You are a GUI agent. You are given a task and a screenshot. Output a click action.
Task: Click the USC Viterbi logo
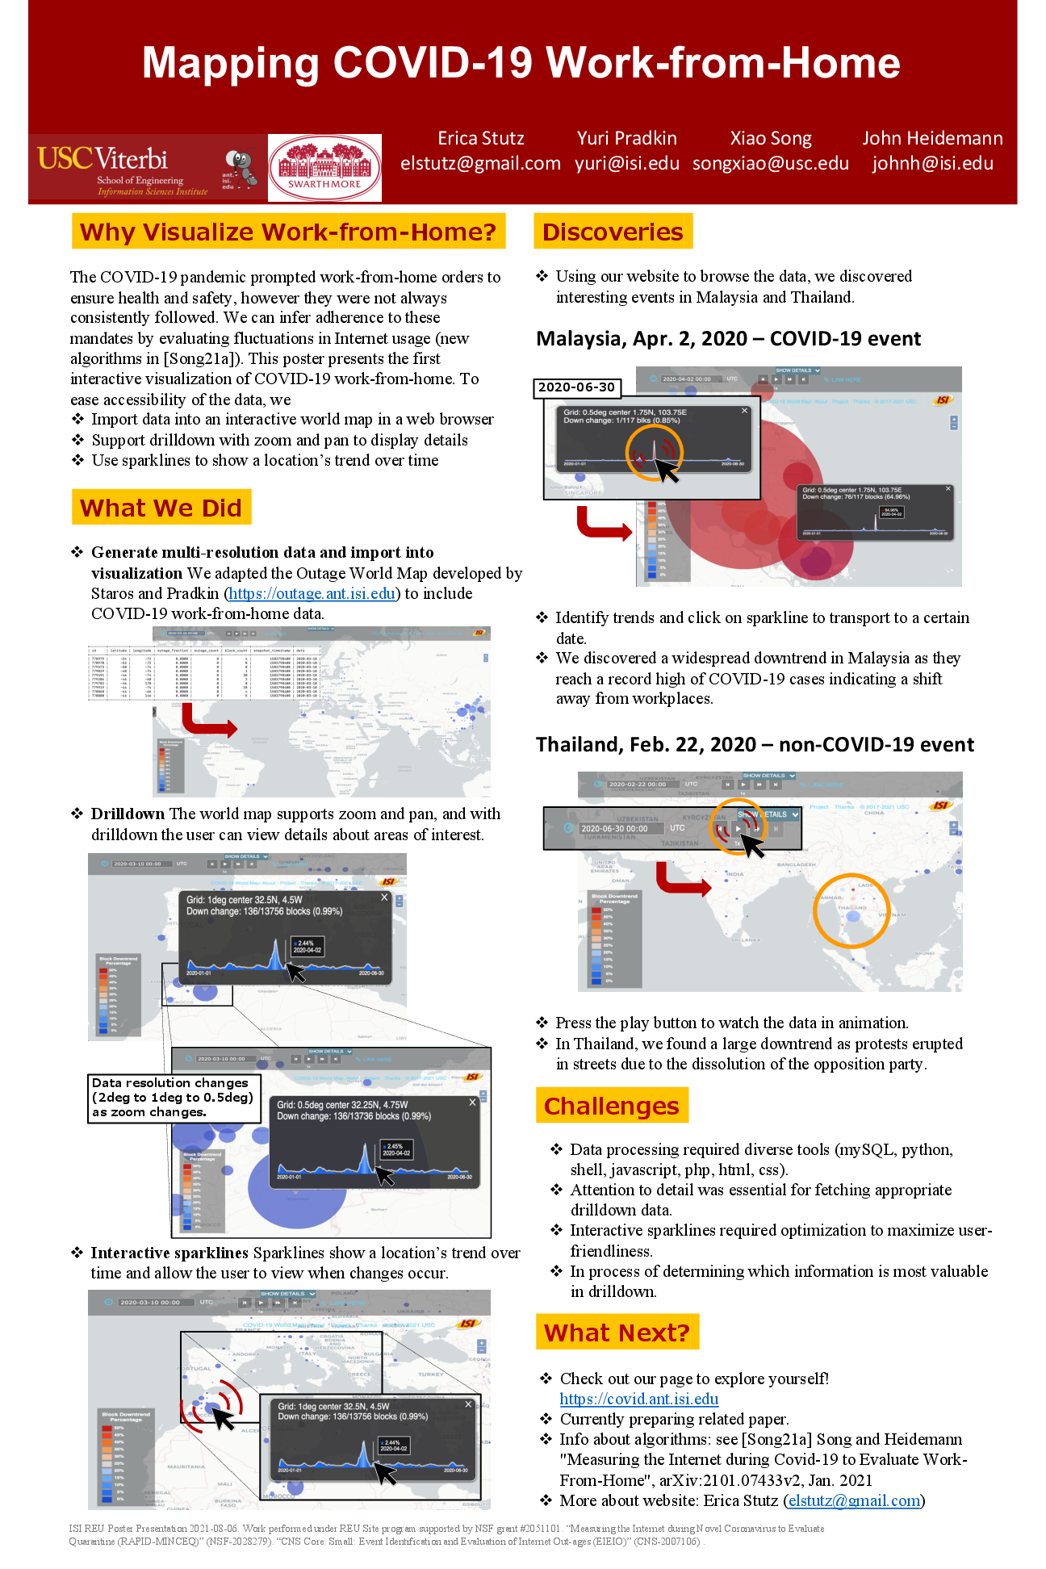121,168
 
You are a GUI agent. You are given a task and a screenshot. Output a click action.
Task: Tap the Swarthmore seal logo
324,167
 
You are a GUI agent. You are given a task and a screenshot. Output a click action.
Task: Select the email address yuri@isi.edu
626,163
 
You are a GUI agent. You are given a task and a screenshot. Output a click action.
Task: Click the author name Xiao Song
771,138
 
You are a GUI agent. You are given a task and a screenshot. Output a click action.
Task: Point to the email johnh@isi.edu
932,163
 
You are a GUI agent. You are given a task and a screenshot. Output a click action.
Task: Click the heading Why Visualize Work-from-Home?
288,232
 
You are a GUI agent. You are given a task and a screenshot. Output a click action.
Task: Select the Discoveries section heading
613,232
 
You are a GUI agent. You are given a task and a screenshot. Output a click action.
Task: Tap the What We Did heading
161,508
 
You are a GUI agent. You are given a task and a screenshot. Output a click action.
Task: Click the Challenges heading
611,1106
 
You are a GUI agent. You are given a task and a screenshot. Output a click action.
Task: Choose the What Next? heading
617,1333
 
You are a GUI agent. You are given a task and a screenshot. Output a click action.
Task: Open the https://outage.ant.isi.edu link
312,593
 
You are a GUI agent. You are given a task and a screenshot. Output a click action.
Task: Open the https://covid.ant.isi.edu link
638,1399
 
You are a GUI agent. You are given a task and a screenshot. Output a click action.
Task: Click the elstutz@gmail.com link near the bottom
854,1500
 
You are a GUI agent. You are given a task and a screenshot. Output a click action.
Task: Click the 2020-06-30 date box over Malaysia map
576,387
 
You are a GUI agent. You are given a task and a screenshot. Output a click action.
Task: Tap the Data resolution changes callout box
174,1098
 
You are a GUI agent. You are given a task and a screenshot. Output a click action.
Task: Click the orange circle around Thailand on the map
851,910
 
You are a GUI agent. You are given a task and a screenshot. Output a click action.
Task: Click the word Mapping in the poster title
230,63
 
